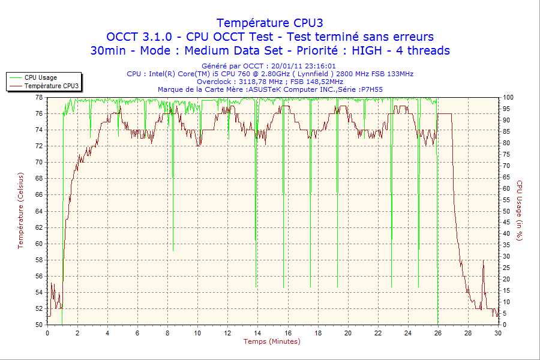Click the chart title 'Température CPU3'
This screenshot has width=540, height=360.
269,23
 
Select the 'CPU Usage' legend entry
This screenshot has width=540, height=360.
40,77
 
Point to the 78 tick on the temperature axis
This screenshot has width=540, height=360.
38,97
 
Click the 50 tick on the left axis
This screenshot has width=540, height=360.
38,325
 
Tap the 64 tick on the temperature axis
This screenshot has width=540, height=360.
38,211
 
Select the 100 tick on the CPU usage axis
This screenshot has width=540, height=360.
508,97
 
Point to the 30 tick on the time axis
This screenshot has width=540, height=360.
497,333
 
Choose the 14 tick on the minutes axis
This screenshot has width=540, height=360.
257,333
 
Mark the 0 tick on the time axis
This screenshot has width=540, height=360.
47,333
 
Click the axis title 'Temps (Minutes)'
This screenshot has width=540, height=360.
272,341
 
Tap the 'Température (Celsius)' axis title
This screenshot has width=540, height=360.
20,211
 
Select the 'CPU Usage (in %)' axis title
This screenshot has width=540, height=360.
520,211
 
